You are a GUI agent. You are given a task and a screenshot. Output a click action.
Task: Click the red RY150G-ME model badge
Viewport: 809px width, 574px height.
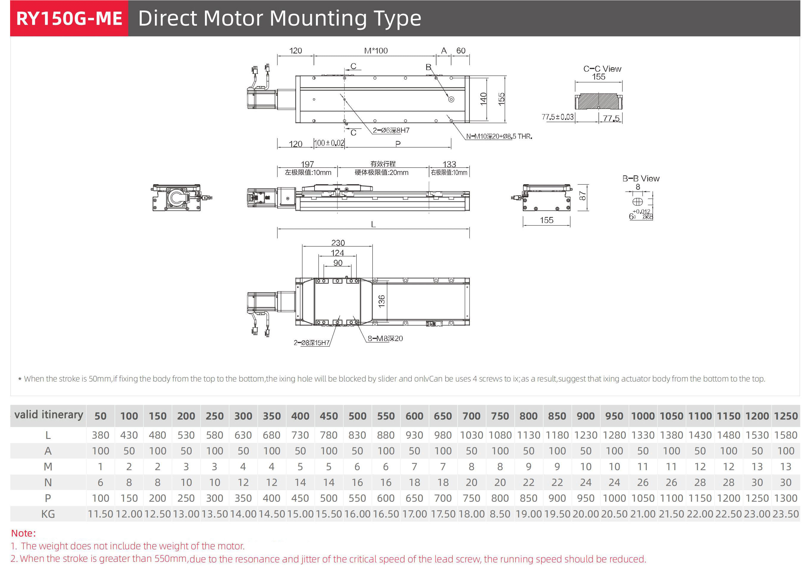69,18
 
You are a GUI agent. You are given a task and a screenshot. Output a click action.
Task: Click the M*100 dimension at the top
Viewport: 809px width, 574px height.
375,51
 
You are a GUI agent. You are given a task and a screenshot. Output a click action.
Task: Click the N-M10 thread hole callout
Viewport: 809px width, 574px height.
498,136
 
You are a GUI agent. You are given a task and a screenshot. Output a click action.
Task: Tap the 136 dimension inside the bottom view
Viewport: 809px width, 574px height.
381,301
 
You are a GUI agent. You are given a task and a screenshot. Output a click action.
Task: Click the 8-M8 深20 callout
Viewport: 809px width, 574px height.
385,339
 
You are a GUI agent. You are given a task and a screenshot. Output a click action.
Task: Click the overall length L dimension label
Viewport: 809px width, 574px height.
373,224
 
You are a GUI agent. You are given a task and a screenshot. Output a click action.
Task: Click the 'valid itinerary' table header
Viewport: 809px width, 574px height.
48,415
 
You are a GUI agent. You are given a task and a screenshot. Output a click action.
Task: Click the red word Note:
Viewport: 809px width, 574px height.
23,533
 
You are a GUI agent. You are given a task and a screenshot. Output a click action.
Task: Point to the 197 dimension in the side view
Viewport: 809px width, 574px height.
307,164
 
